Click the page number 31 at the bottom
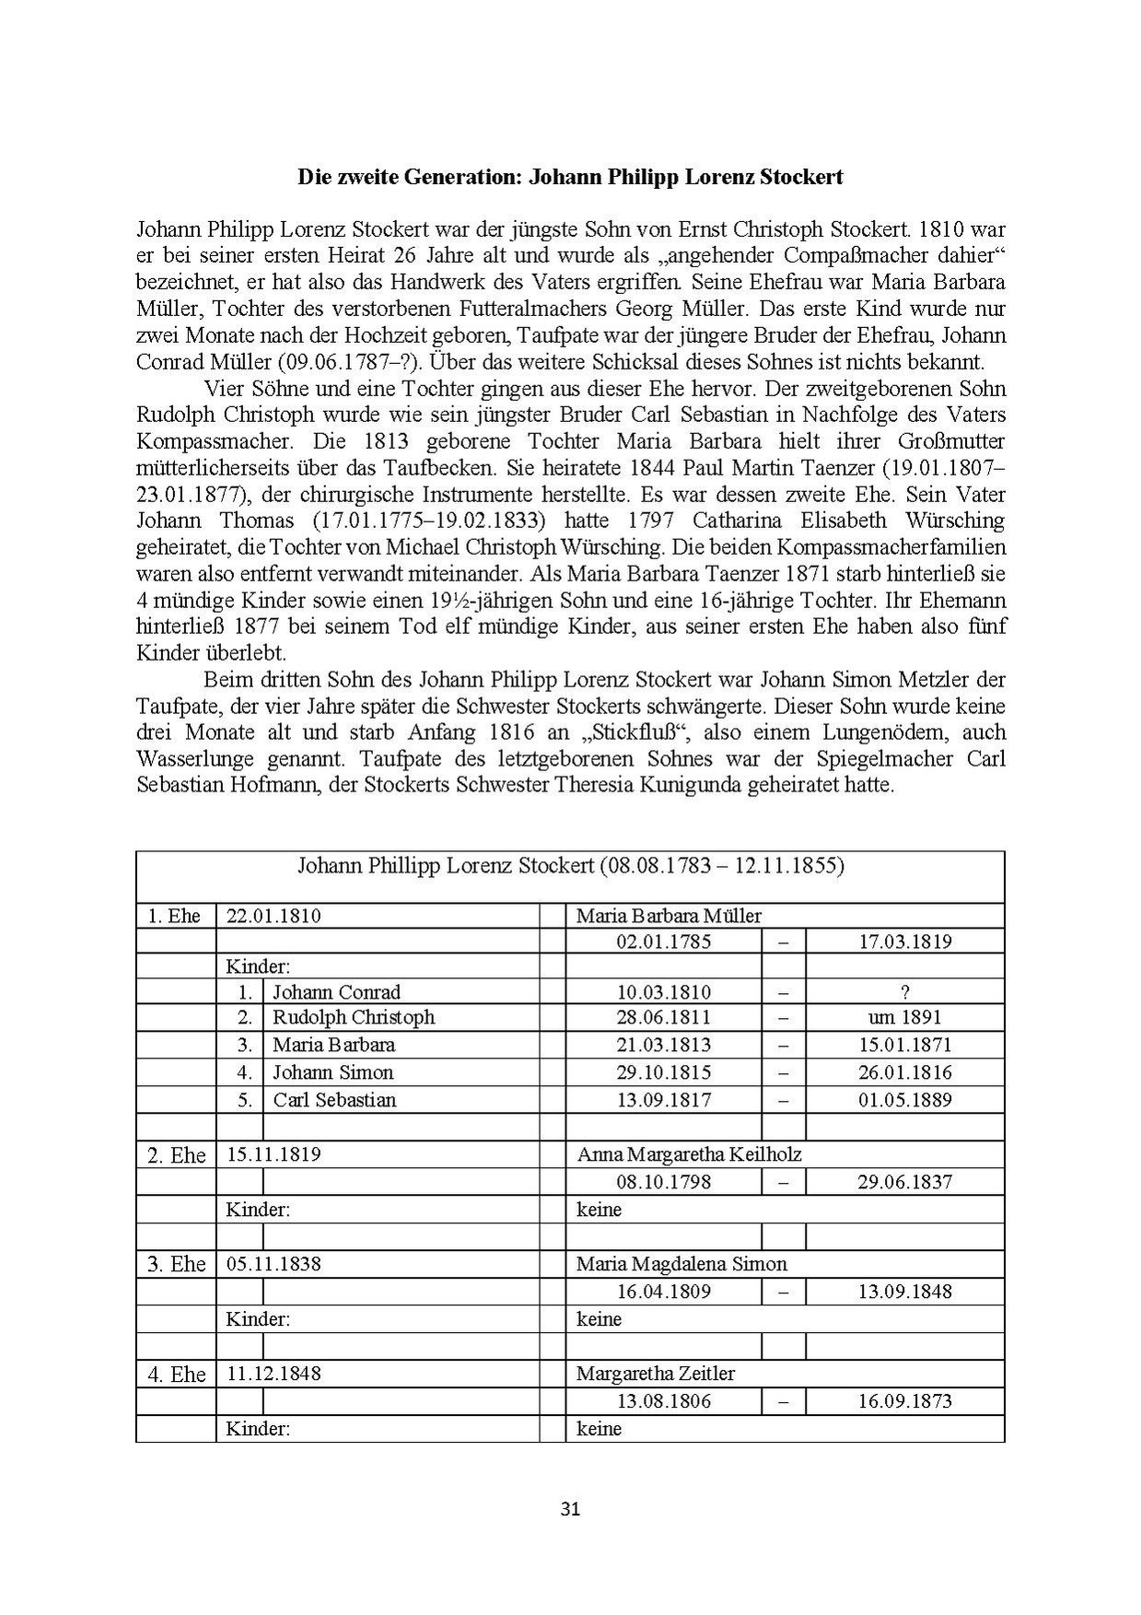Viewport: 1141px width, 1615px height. click(570, 1509)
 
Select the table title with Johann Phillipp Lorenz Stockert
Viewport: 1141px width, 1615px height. click(570, 866)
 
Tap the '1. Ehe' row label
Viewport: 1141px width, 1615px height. click(174, 916)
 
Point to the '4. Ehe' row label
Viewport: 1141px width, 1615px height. click(176, 1375)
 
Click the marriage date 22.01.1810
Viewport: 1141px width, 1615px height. click(274, 916)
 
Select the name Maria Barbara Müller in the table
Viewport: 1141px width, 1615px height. click(669, 916)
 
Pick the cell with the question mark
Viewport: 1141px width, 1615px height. click(904, 992)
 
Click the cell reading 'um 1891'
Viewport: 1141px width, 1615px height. click(904, 1017)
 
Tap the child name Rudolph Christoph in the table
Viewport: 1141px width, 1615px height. click(353, 1017)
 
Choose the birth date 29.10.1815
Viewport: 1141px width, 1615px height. click(663, 1072)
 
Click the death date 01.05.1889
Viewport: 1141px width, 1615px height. click(904, 1100)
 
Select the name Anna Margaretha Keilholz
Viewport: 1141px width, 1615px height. click(689, 1154)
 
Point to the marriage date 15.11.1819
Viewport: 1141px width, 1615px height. click(274, 1154)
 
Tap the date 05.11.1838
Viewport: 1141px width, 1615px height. click(274, 1264)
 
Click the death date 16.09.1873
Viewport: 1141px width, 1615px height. click(904, 1401)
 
